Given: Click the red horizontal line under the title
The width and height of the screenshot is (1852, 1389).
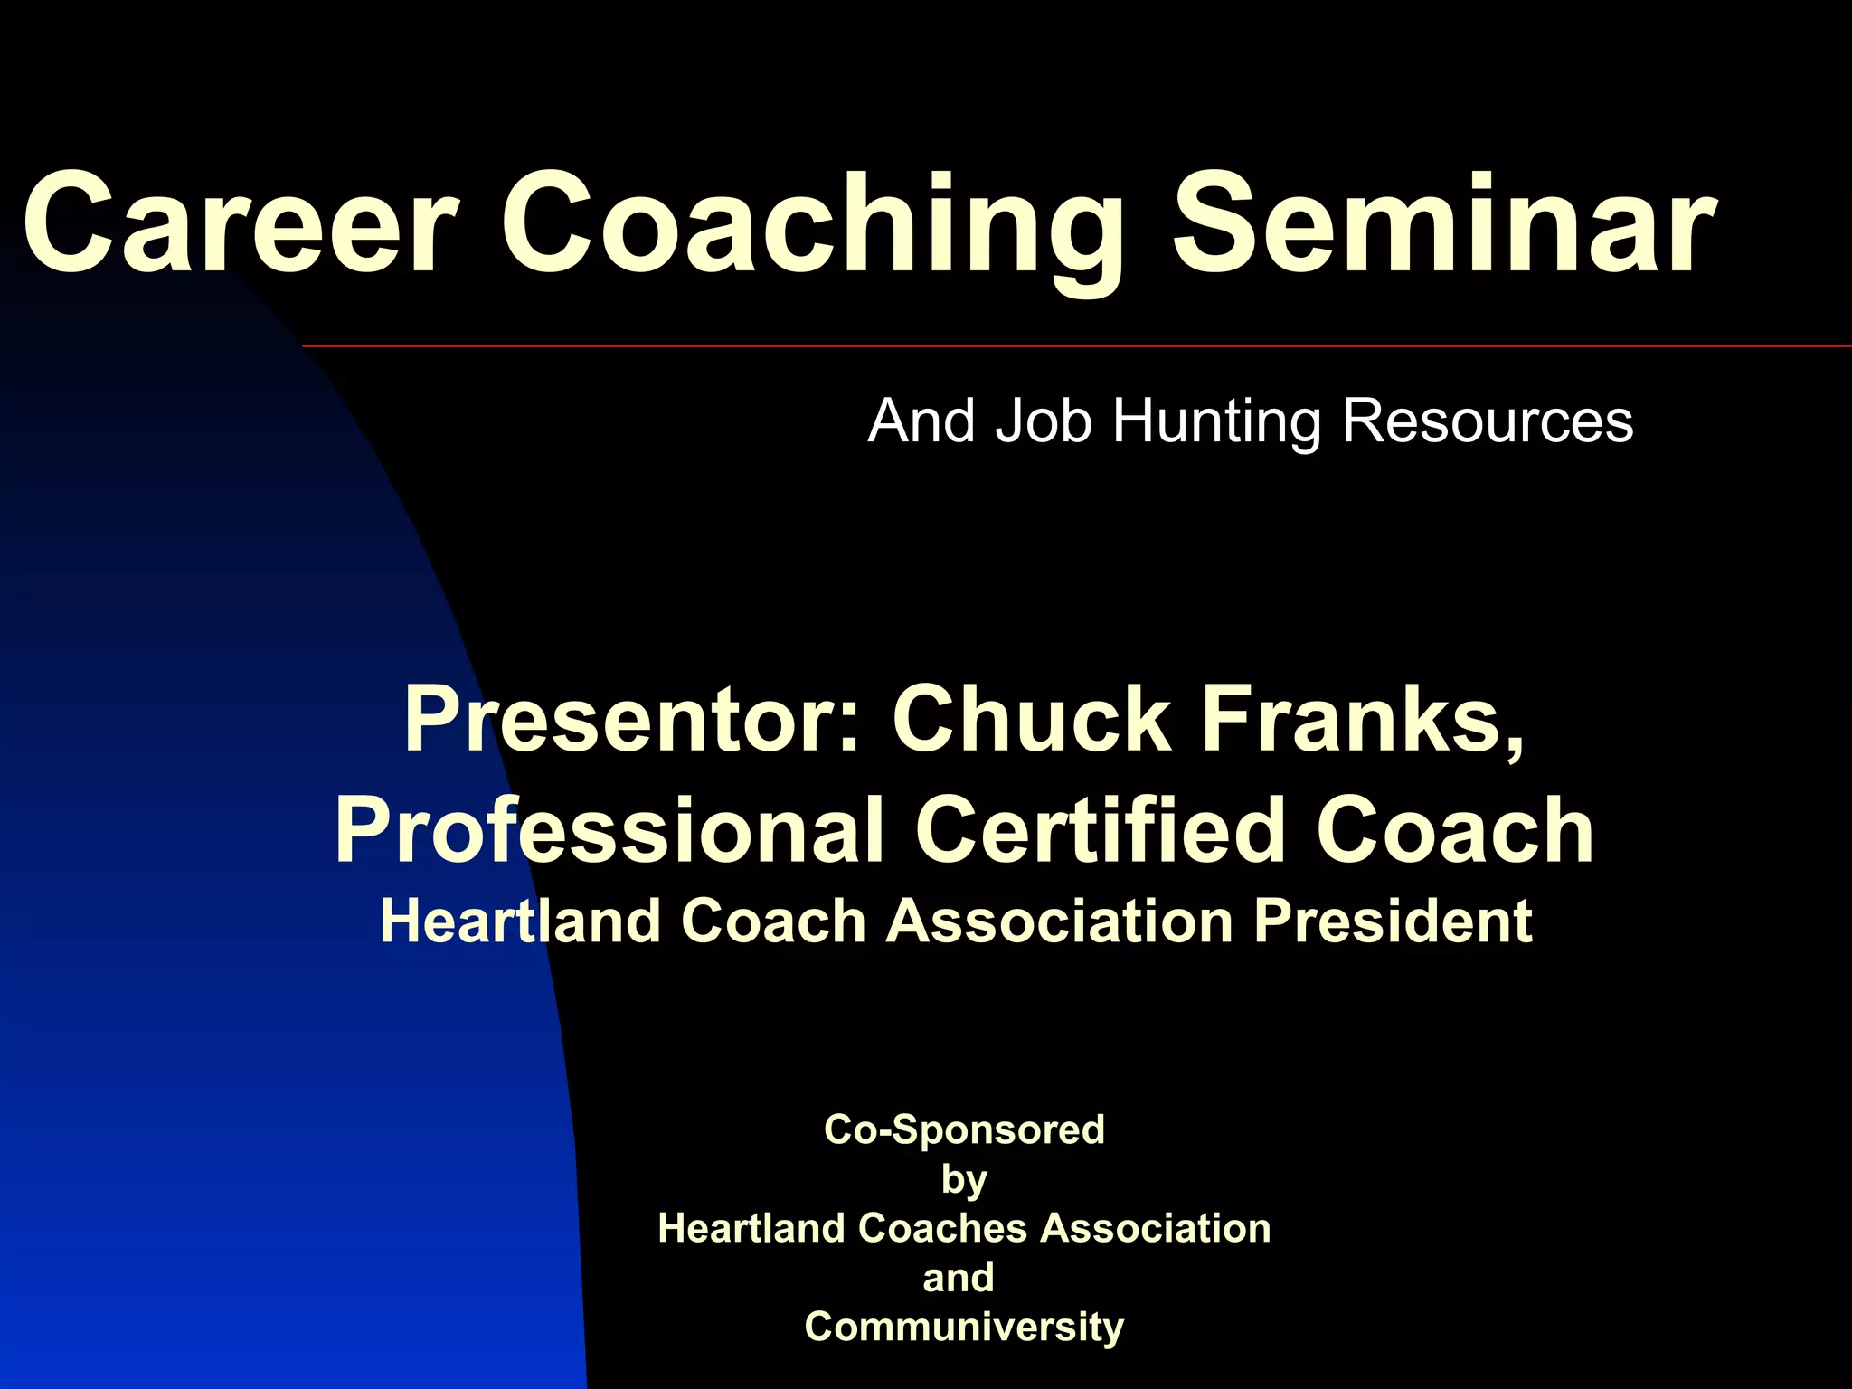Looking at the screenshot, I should click(x=1076, y=345).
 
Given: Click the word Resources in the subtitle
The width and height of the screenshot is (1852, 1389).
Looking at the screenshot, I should click(x=1487, y=421).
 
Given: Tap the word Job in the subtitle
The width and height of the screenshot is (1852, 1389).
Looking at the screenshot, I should click(x=1044, y=421).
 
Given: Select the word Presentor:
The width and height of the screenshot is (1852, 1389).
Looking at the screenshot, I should click(x=633, y=720).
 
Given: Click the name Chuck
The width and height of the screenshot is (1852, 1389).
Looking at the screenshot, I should click(x=1032, y=720).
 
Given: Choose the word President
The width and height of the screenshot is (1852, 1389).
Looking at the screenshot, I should click(x=1393, y=922).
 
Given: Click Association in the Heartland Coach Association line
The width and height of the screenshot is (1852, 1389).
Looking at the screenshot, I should click(x=1059, y=922).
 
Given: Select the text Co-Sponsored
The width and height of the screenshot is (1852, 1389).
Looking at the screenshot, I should click(x=964, y=1130).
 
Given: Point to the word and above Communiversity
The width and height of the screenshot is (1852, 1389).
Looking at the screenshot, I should click(x=959, y=1278).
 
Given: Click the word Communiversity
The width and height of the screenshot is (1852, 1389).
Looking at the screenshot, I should click(x=964, y=1328).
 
